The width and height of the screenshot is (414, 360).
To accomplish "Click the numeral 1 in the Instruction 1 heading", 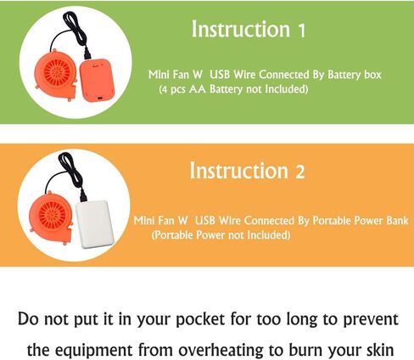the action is pos(302,31).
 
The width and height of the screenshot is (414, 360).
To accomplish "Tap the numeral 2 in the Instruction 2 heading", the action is pos(300,172).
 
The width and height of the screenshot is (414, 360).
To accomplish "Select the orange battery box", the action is pos(97,81).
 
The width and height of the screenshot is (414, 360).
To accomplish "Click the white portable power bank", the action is pos(95,224).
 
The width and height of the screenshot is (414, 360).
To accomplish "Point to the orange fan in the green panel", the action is pos(55,76).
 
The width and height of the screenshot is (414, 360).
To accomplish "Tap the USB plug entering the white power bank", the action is pos(83,195).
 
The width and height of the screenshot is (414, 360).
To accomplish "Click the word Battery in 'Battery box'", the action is pos(344,75).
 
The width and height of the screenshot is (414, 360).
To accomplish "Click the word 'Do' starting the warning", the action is pos(28,319).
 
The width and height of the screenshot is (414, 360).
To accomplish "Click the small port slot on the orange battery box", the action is pos(99,98).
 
